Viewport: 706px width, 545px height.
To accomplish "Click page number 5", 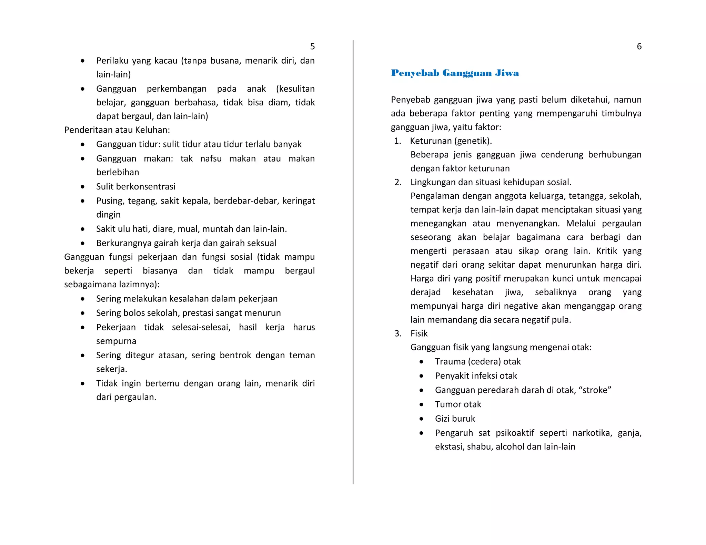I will tap(312, 47).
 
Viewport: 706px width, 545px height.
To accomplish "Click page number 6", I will tap(639, 47).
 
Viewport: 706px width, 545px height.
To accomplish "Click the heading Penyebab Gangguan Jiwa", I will tap(455, 73).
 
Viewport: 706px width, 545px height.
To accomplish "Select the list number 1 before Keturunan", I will tap(397, 141).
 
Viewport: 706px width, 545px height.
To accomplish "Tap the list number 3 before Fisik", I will tap(398, 333).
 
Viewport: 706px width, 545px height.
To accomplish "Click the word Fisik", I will tap(419, 333).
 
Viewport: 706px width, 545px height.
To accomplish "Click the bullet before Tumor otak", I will tap(421, 404).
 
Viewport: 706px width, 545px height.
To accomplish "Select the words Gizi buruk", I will tap(455, 419).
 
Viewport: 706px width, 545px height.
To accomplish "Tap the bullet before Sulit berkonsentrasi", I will tap(82, 187).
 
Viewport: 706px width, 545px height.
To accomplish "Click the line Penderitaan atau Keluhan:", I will tap(117, 130).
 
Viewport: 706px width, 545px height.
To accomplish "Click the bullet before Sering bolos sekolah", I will tap(82, 313).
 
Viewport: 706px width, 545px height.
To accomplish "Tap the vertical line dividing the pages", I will tap(353, 262).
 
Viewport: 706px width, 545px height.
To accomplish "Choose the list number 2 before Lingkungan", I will tap(398, 182).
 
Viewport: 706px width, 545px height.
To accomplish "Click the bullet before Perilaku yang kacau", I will tap(82, 61).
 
